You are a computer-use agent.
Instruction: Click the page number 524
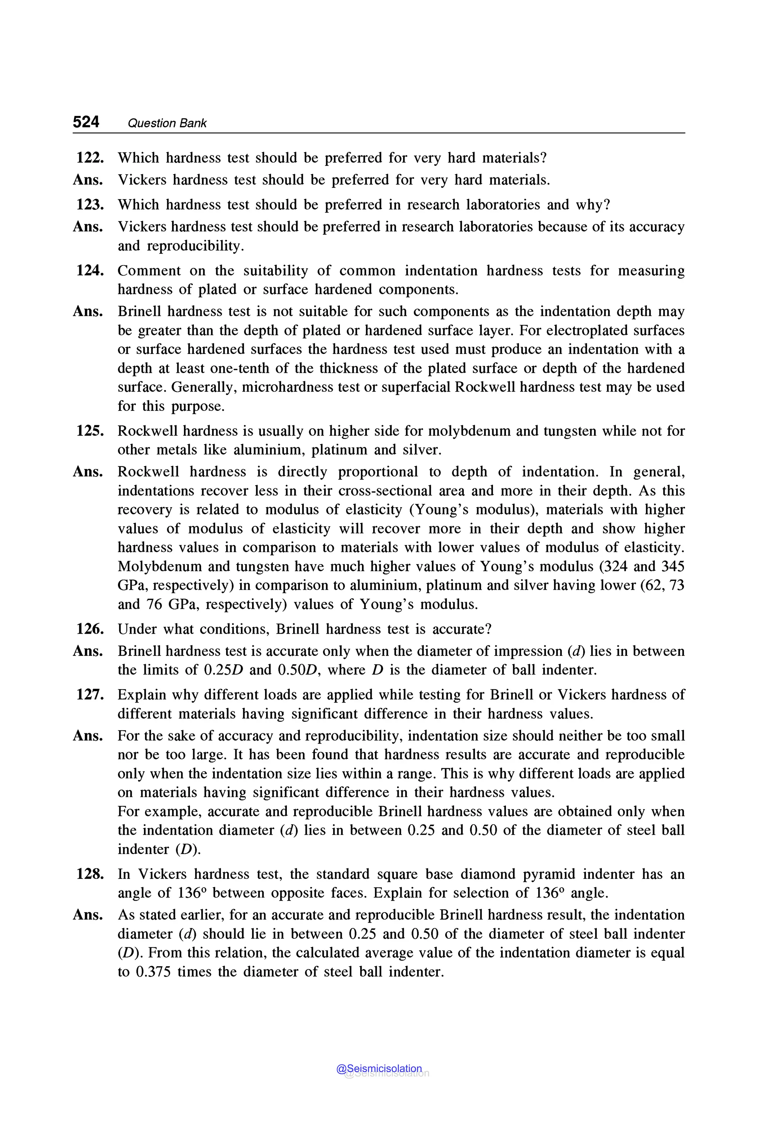pyautogui.click(x=86, y=122)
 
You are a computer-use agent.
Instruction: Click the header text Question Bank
pyautogui.click(x=167, y=123)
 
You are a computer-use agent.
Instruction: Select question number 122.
pyautogui.click(x=90, y=158)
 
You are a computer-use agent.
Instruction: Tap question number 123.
pyautogui.click(x=90, y=205)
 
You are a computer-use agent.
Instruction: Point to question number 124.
pyautogui.click(x=90, y=270)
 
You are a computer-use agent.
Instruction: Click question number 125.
pyautogui.click(x=90, y=431)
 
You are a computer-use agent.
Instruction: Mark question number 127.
pyautogui.click(x=90, y=695)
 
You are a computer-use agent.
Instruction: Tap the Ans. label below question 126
pyautogui.click(x=88, y=651)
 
